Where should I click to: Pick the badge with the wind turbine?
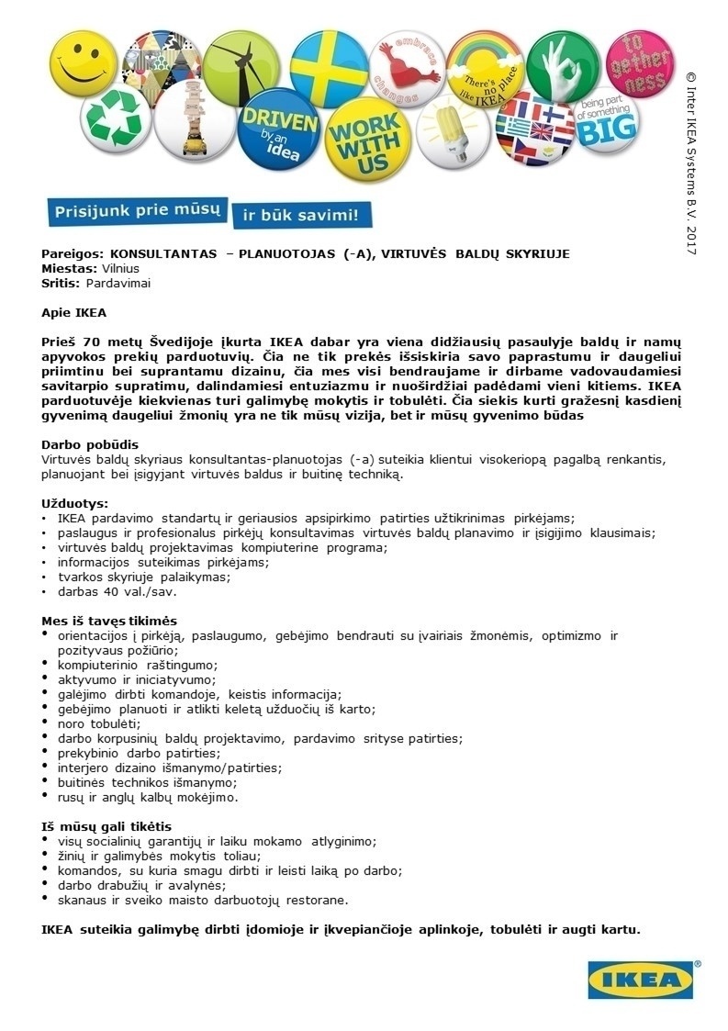[x=241, y=64]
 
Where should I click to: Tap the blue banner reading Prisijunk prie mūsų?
[x=135, y=211]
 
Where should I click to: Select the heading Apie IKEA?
[x=73, y=312]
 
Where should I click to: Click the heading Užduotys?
[x=75, y=503]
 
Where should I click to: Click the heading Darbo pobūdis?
[x=90, y=444]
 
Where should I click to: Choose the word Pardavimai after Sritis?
[x=118, y=283]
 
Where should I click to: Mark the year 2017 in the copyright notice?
[x=691, y=237]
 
